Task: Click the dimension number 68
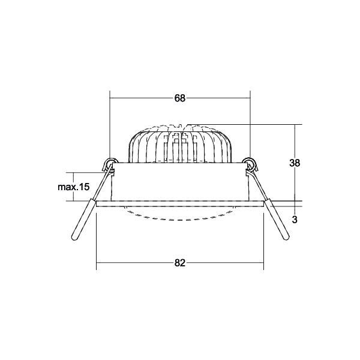pos(180,98)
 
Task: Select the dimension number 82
pos(180,263)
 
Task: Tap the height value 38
pos(294,163)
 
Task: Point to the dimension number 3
pos(294,220)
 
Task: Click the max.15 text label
pos(73,187)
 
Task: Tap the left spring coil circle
pos(110,162)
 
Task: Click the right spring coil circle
pos(250,162)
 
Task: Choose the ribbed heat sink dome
pos(180,144)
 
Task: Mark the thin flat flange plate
pos(180,203)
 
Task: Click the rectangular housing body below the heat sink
pos(180,183)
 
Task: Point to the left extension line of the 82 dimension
pos(97,240)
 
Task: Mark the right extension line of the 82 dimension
pos(263,240)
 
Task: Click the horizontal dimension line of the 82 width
pos(138,263)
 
